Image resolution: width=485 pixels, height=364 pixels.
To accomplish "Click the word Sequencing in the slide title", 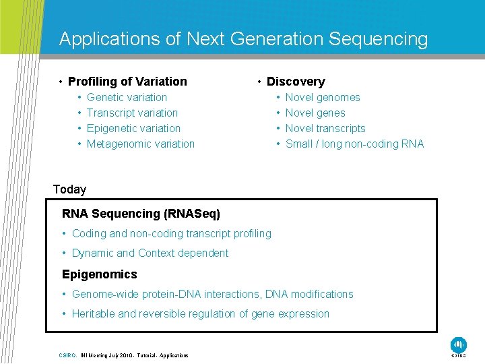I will (378, 39).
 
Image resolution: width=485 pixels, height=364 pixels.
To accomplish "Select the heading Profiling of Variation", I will (127, 82).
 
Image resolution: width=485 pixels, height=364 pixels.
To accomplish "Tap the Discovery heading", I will (296, 82).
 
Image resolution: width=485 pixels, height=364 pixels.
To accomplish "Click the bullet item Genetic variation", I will (127, 97).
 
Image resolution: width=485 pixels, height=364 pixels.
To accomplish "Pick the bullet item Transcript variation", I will (132, 113).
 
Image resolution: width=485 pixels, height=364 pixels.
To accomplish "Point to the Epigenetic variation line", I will (133, 128).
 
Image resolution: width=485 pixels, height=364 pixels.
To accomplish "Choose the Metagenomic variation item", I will (140, 144).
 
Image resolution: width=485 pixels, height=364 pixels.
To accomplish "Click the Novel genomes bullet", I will (323, 97).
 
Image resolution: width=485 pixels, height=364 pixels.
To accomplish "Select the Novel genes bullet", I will (315, 113).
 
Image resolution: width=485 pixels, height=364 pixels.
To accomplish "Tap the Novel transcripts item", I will (325, 128).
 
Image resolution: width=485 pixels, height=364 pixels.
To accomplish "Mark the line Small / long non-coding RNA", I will (354, 144).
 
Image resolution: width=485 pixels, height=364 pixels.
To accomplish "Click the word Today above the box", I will (69, 189).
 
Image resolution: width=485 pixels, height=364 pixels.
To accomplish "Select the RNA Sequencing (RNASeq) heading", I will (141, 214).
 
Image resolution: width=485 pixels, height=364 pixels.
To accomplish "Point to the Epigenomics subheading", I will (99, 274).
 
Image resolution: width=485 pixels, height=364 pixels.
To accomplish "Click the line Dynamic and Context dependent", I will (150, 253).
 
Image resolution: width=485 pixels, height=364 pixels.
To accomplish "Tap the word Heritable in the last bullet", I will (93, 313).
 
